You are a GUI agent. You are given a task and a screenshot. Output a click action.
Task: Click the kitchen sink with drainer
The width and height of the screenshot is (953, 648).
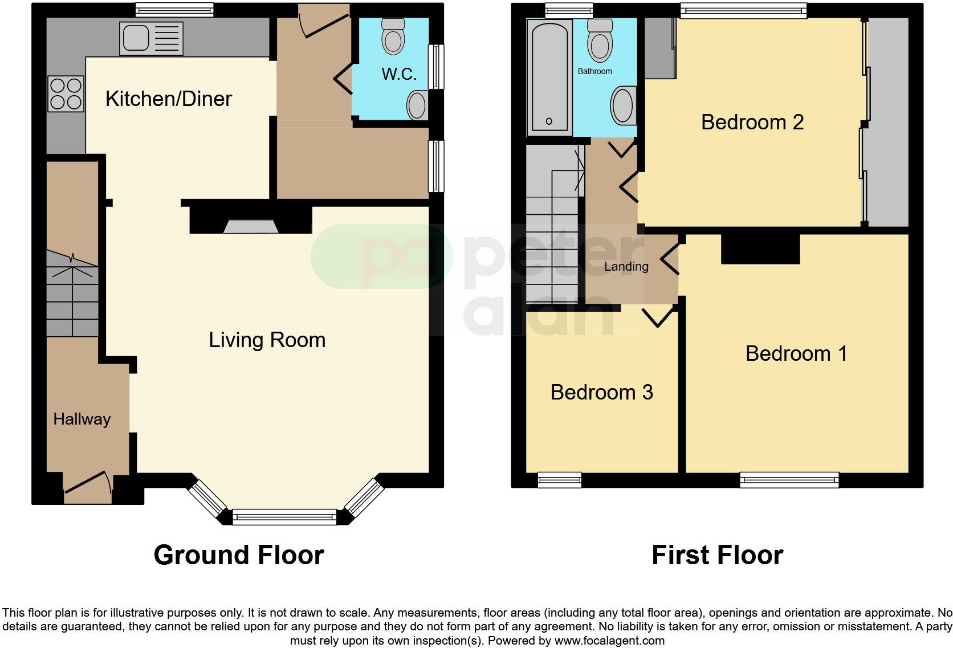151,38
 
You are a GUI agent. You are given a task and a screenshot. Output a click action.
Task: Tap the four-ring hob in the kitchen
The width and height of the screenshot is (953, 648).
66,94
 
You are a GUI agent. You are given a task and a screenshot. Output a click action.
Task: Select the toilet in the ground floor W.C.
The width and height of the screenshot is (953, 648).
393,36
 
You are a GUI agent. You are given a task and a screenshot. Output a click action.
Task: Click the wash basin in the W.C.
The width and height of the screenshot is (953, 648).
417,105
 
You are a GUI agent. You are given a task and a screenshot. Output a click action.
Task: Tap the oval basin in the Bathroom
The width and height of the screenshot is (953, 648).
624,106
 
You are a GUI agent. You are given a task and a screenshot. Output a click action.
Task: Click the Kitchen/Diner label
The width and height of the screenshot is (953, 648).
169,99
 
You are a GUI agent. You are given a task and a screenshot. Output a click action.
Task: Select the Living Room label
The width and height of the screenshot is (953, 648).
267,340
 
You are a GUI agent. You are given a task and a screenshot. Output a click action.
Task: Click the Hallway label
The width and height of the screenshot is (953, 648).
82,419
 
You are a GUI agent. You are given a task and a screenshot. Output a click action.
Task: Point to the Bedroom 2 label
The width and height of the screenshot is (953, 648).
752,122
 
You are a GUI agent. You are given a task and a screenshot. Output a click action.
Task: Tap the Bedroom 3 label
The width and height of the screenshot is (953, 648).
601,392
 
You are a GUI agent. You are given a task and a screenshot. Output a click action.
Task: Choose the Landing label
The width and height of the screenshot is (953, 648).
626,267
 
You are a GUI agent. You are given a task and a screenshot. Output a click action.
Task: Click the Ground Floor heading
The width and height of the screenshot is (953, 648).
238,555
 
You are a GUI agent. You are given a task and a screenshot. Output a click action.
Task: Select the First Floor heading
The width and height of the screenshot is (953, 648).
717,555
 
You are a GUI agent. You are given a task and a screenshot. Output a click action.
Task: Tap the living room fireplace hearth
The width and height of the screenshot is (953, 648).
251,227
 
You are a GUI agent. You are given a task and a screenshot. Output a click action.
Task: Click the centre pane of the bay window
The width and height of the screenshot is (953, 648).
284,517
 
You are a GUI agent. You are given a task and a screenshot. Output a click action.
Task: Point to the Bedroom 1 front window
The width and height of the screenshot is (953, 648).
789,480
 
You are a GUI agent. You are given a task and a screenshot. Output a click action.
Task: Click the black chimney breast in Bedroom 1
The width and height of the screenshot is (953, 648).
760,249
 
